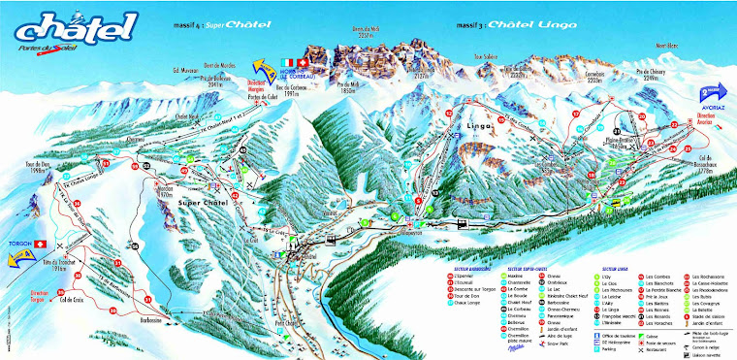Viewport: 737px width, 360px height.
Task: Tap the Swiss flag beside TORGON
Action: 41,239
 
